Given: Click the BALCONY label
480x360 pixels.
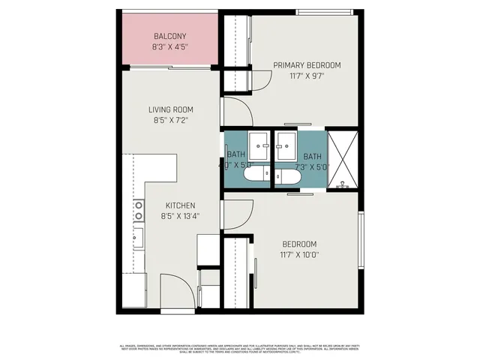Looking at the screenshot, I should tap(170, 36).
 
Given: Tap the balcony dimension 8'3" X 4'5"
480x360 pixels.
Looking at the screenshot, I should tap(170, 46).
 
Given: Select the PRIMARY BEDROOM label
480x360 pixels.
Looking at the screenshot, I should tap(306, 65).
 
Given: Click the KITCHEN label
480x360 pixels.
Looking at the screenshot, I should tap(180, 205).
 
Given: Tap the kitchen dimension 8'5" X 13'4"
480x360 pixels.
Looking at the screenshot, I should tap(180, 216).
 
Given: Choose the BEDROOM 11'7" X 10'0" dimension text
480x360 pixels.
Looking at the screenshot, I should tap(299, 254).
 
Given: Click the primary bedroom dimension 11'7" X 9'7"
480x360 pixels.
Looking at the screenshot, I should tap(306, 76).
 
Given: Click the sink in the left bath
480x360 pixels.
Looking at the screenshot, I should tap(259, 142).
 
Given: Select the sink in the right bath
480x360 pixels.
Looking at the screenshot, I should tap(286, 142).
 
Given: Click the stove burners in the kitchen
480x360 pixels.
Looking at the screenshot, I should tap(139, 211).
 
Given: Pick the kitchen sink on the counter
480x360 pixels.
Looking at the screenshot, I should tap(139, 238).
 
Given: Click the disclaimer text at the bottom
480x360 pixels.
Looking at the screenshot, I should tap(240, 349).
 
